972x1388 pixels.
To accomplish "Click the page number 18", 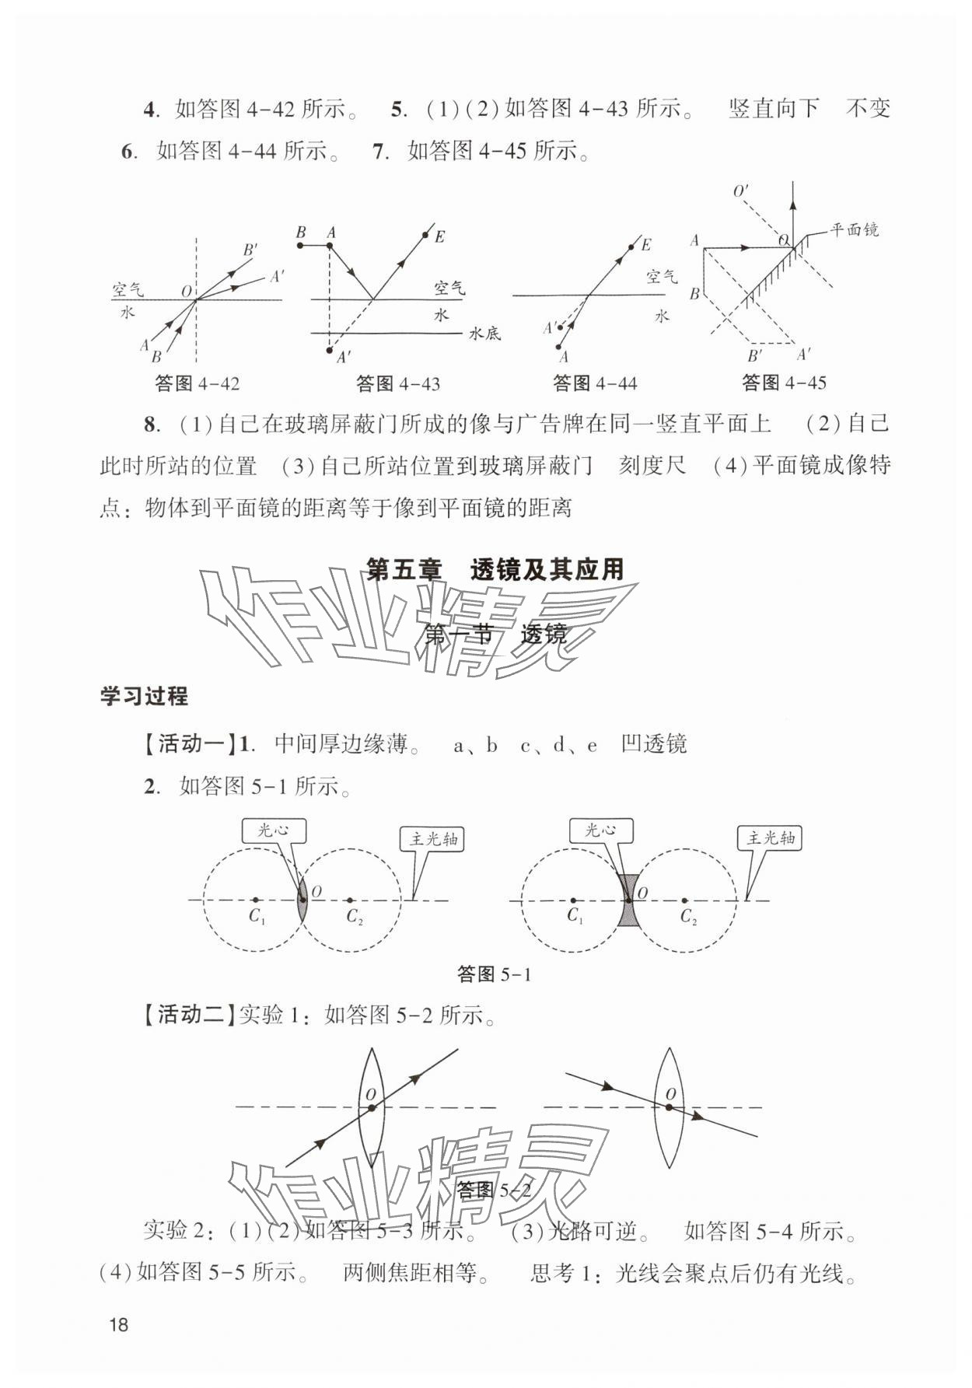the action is (x=118, y=1324).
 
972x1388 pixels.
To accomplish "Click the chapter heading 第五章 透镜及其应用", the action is (x=495, y=569).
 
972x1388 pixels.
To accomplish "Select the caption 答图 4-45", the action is (x=784, y=383).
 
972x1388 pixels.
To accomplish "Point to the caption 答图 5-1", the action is (x=494, y=974).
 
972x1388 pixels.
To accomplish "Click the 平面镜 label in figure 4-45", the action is (x=854, y=230).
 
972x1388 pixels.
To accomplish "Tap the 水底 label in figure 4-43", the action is (x=484, y=334).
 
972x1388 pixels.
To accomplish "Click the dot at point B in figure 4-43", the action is (x=300, y=246).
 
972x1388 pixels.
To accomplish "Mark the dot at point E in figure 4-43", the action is (x=425, y=234).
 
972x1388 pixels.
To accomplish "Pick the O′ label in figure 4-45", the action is (x=741, y=191).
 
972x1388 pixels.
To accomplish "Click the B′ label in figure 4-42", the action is (x=250, y=250).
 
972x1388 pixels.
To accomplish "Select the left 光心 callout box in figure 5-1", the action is (x=273, y=830).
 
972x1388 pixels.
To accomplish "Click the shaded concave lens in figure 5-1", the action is (x=628, y=900).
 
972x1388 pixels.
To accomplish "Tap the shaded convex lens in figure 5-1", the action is (x=302, y=900).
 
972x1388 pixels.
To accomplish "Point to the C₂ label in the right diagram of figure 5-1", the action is (x=688, y=917).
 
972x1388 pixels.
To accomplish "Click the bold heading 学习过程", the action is (x=144, y=696).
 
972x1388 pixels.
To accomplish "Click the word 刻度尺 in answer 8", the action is (x=652, y=466).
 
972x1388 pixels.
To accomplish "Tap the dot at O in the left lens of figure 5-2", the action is (x=371, y=1107).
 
